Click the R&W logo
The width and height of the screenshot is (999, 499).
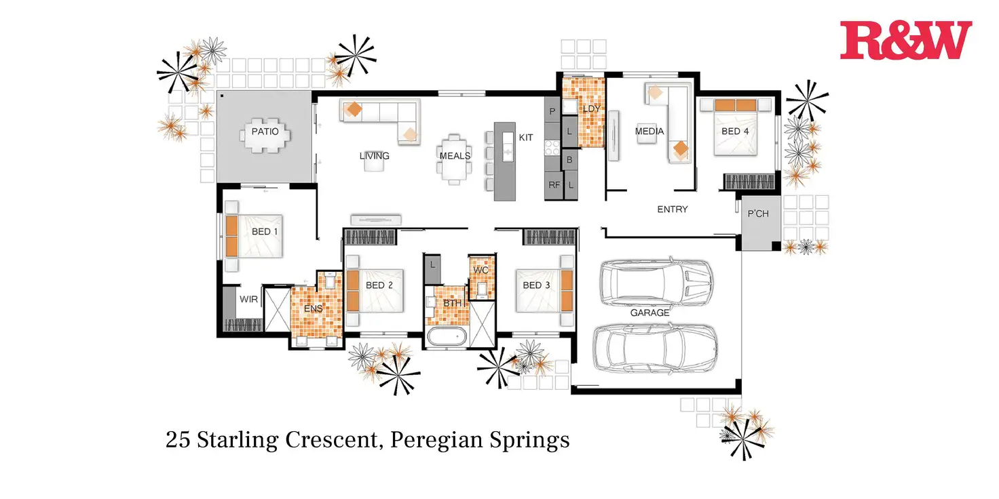(x=905, y=40)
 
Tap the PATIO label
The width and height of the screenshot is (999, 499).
(x=265, y=132)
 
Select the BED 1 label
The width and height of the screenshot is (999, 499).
(x=265, y=232)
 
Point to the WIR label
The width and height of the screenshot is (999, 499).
(x=248, y=299)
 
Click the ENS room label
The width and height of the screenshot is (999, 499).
(x=313, y=308)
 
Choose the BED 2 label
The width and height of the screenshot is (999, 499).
(x=379, y=285)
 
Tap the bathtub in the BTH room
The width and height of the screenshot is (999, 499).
(x=447, y=336)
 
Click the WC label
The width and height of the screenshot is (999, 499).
(x=480, y=270)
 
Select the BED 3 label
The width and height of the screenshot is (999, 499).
(x=536, y=285)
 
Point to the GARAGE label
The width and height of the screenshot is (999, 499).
(x=649, y=313)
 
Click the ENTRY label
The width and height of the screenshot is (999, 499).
(x=672, y=209)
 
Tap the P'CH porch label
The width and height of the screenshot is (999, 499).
(x=757, y=214)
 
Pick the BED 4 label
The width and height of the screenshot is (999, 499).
(x=735, y=132)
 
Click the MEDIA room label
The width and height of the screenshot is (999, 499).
(x=649, y=132)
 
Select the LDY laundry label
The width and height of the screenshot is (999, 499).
(x=592, y=108)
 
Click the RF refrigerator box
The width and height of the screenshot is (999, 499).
(x=554, y=184)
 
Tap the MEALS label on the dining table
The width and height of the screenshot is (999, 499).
(x=455, y=156)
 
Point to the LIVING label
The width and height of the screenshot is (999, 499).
(x=374, y=156)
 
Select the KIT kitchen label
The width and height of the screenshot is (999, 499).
(x=526, y=138)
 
